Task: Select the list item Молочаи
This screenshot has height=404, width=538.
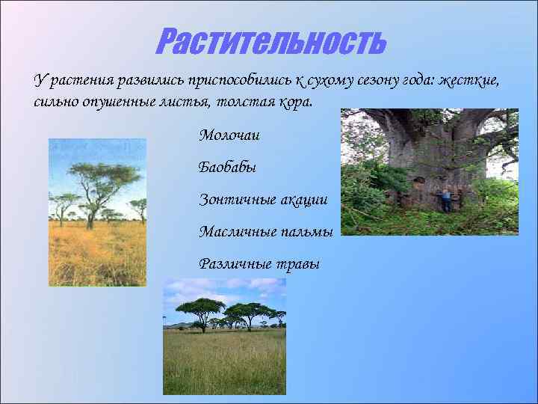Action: pyautogui.click(x=229, y=135)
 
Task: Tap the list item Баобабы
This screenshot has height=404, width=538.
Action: pyautogui.click(x=227, y=168)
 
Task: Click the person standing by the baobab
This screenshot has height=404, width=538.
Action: pyautogui.click(x=446, y=200)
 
